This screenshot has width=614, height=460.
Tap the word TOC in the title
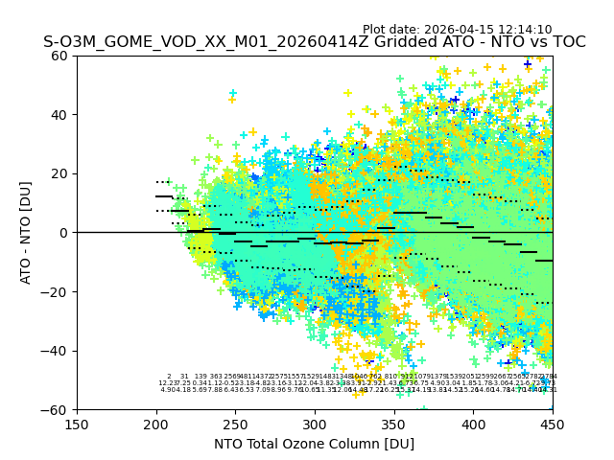[x=565, y=43]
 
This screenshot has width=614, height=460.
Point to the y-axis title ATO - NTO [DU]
[x=27, y=232]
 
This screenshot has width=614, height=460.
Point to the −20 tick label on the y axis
[x=57, y=291]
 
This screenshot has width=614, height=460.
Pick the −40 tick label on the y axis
[x=57, y=351]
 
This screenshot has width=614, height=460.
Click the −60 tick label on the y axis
[x=57, y=409]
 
